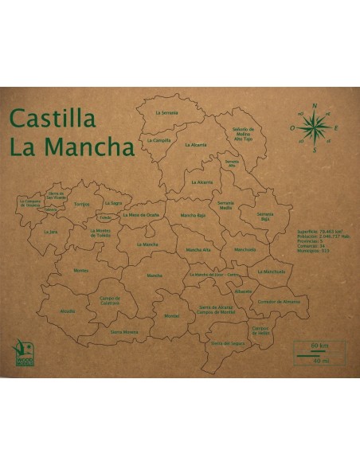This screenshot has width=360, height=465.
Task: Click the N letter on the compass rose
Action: (315, 106)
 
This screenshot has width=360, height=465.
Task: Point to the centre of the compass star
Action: (316, 126)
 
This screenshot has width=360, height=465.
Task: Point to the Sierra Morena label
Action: (124, 331)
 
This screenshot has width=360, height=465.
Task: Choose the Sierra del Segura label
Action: (226, 343)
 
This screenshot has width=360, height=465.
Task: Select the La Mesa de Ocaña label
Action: (142, 215)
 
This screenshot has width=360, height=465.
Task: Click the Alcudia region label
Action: (67, 311)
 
